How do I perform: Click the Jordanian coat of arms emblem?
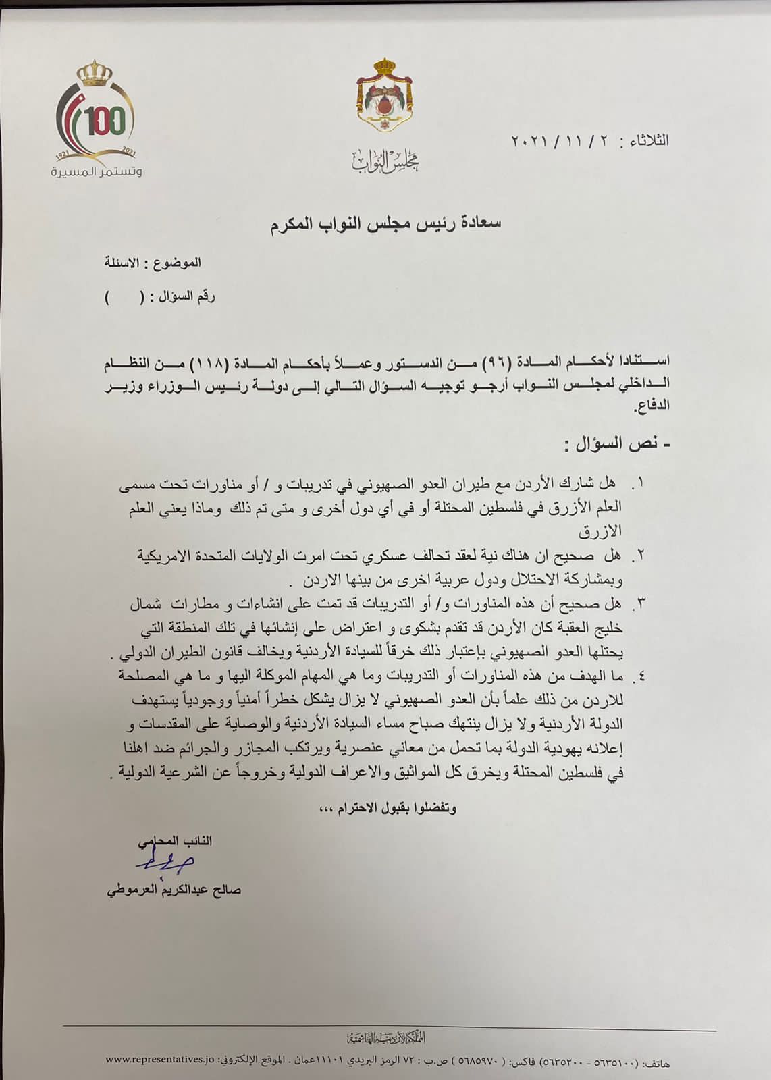pyautogui.click(x=385, y=96)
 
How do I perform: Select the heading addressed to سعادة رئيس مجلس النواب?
pyautogui.click(x=385, y=223)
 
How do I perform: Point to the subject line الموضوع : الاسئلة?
pyautogui.click(x=153, y=263)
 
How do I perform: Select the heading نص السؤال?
pyautogui.click(x=618, y=444)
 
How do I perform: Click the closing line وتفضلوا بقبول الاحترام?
pyautogui.click(x=387, y=808)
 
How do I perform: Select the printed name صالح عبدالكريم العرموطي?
pyautogui.click(x=174, y=890)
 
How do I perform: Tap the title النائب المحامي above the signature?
pyautogui.click(x=175, y=841)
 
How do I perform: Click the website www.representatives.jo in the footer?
pyautogui.click(x=159, y=1059)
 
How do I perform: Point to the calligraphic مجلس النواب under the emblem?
pyautogui.click(x=385, y=161)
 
